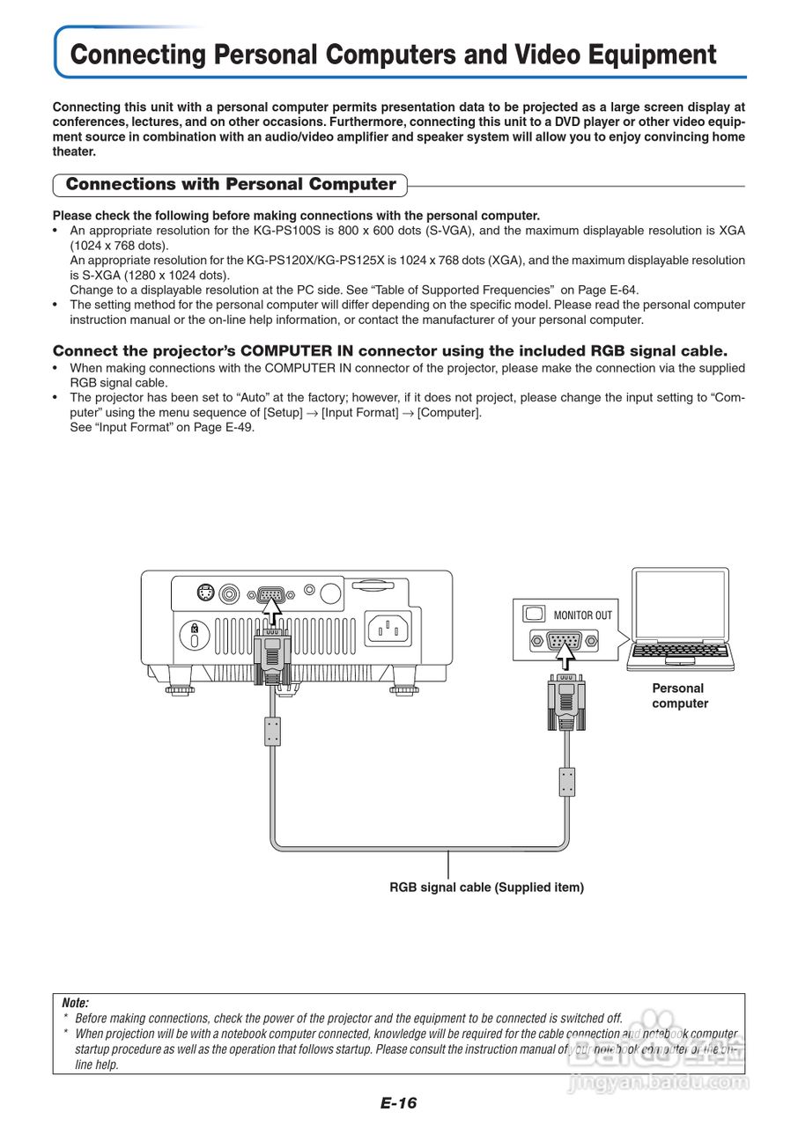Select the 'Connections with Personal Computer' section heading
pyautogui.click(x=231, y=185)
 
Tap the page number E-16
pyautogui.click(x=398, y=1103)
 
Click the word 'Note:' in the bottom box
pyautogui.click(x=76, y=1003)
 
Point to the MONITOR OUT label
pyautogui.click(x=582, y=615)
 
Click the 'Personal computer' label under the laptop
pyautogui.click(x=679, y=696)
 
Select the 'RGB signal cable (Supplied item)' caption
pyautogui.click(x=486, y=888)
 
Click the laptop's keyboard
pyautogui.click(x=680, y=652)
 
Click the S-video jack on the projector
pyautogui.click(x=205, y=593)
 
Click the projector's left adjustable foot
pyautogui.click(x=179, y=687)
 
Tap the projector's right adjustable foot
pyautogui.click(x=404, y=687)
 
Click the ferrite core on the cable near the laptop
pyautogui.click(x=568, y=781)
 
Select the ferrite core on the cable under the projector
pyautogui.click(x=273, y=731)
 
